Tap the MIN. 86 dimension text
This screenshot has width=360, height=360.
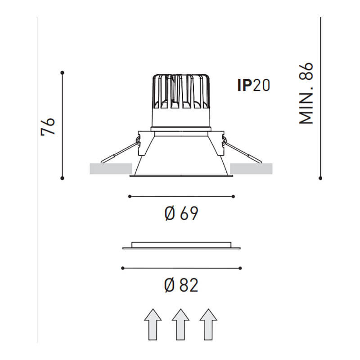pos(306,93)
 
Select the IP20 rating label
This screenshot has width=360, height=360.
pos(254,85)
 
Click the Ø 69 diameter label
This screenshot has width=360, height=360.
pos(181,213)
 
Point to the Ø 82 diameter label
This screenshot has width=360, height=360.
pos(181,284)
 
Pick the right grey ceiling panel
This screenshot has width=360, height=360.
pos(251,169)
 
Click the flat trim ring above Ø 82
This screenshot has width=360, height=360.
pos(181,246)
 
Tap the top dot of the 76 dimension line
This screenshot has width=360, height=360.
pos(63,72)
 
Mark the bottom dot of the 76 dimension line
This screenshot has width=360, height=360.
pos(63,178)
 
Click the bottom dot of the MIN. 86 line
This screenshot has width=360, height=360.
pos(320,178)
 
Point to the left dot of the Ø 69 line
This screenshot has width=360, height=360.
pos(130,196)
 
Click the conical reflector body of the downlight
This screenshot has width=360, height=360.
pos(180,155)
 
